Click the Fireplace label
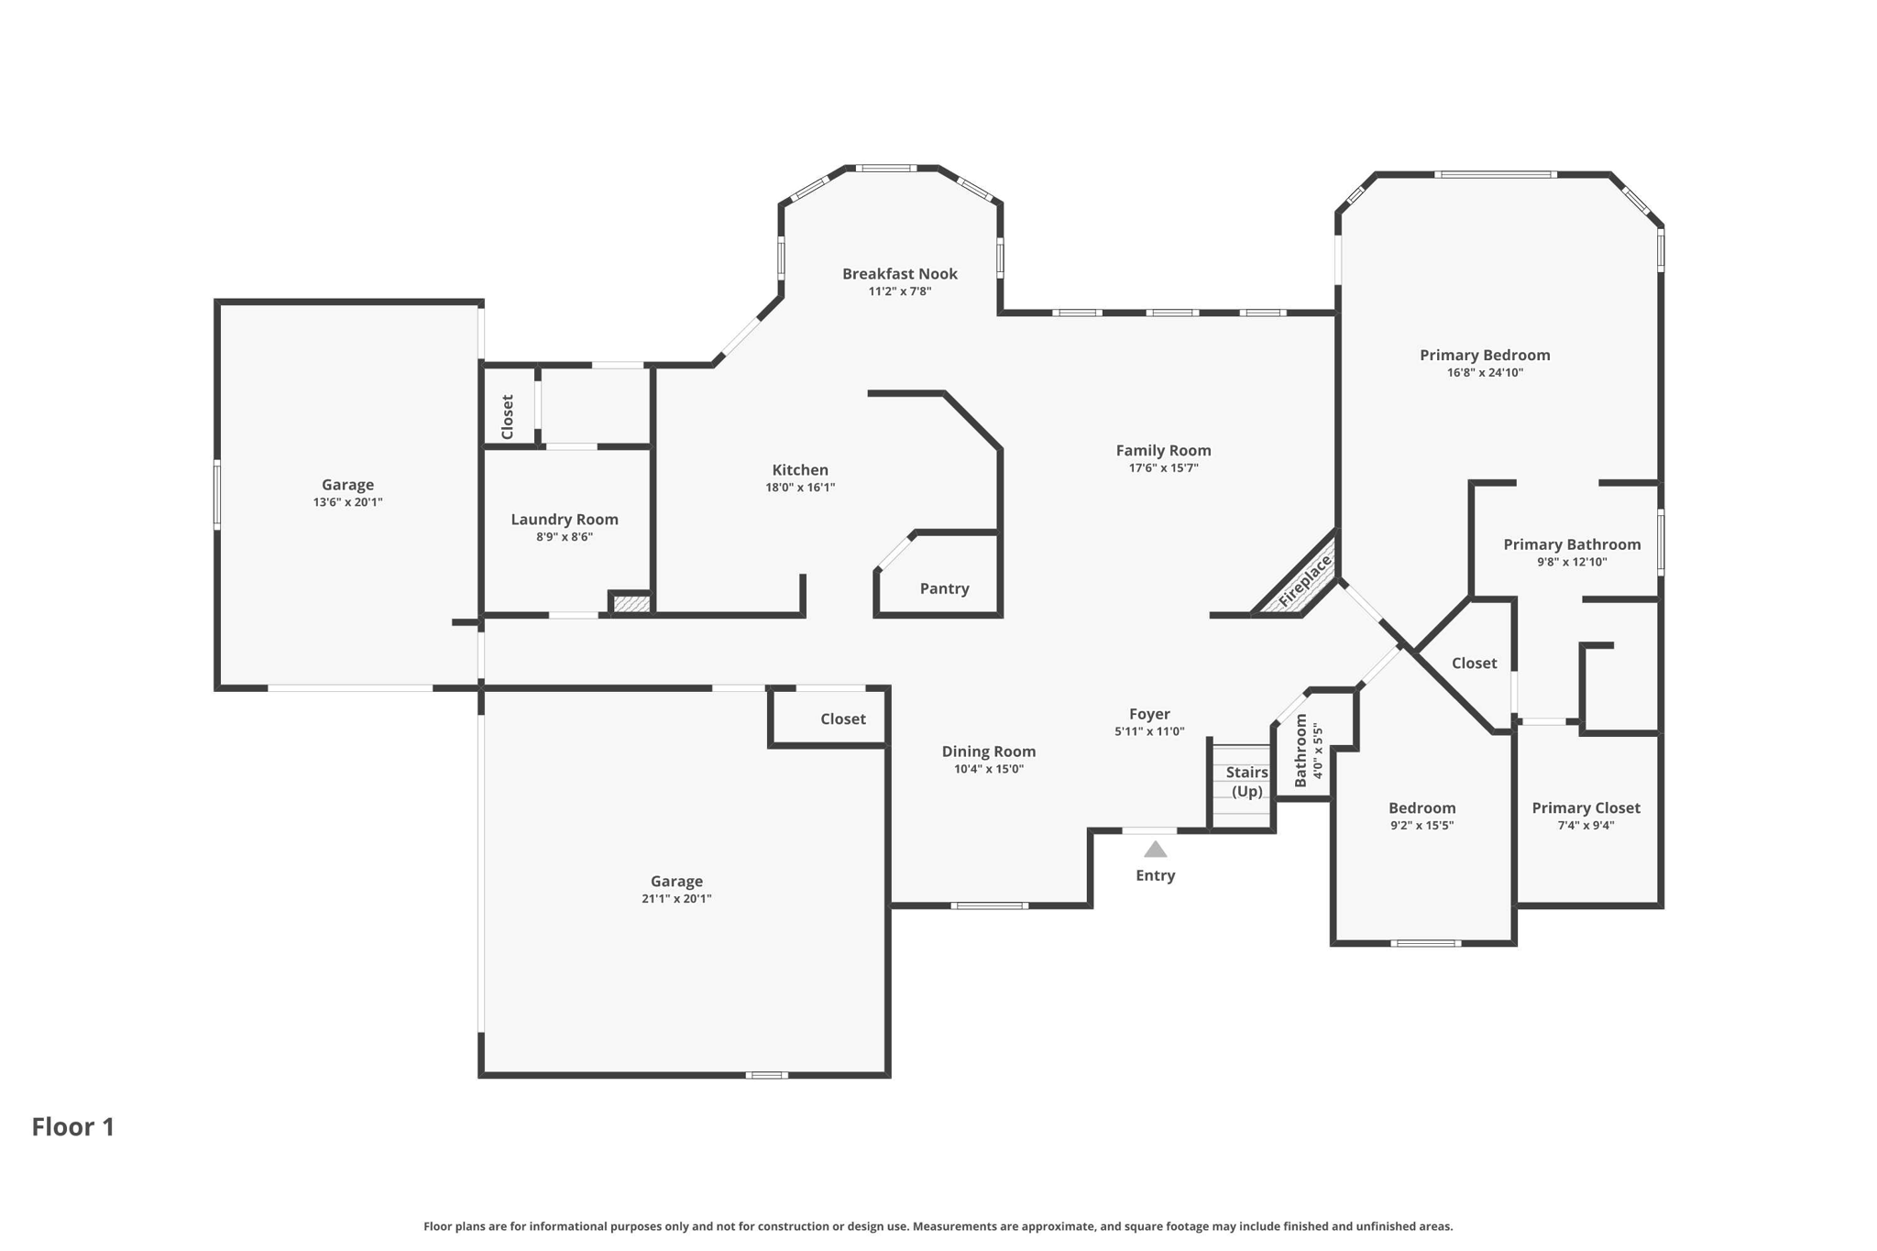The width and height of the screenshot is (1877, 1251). [x=1304, y=581]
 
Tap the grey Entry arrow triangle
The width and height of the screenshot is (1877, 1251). [x=1155, y=850]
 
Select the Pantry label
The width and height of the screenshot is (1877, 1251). [x=944, y=588]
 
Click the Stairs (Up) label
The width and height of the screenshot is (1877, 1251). [x=1246, y=782]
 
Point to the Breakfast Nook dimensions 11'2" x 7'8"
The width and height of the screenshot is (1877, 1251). [x=900, y=291]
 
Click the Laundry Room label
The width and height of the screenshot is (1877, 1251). [x=565, y=520]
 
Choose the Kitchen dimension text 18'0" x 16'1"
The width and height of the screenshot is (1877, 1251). [x=800, y=488]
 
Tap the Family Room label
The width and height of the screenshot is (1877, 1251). [x=1163, y=450]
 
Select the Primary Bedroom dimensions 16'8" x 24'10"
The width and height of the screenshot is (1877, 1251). [x=1485, y=373]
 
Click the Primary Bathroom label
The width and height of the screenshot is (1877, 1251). [x=1572, y=544]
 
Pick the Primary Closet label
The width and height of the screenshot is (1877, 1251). [x=1586, y=807]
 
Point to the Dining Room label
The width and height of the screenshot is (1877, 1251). [x=989, y=752]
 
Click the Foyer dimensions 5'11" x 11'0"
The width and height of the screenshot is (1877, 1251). [x=1149, y=731]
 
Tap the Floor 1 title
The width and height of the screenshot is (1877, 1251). [x=73, y=1126]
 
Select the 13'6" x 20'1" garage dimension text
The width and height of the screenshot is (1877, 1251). [x=347, y=502]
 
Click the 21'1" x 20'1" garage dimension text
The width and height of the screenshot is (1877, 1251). [x=676, y=899]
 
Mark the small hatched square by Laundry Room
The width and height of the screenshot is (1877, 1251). [x=631, y=605]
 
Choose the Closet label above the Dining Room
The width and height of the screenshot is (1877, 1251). [x=842, y=719]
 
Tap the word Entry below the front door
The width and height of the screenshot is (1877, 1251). [x=1155, y=876]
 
